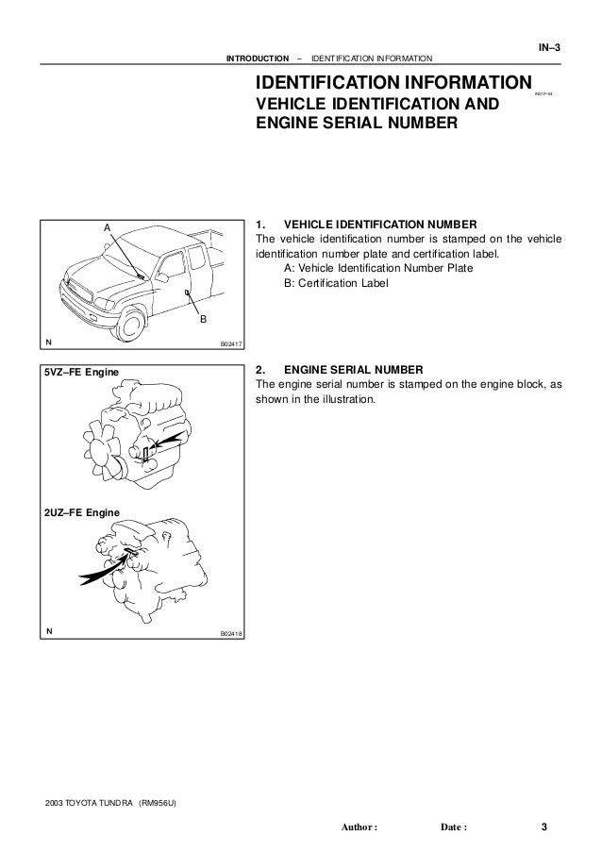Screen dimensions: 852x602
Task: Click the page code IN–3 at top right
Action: point(548,48)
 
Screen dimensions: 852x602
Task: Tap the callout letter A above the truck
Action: point(107,228)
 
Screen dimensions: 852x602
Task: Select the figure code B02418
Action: point(231,633)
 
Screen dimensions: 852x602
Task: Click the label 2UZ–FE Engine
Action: point(82,511)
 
